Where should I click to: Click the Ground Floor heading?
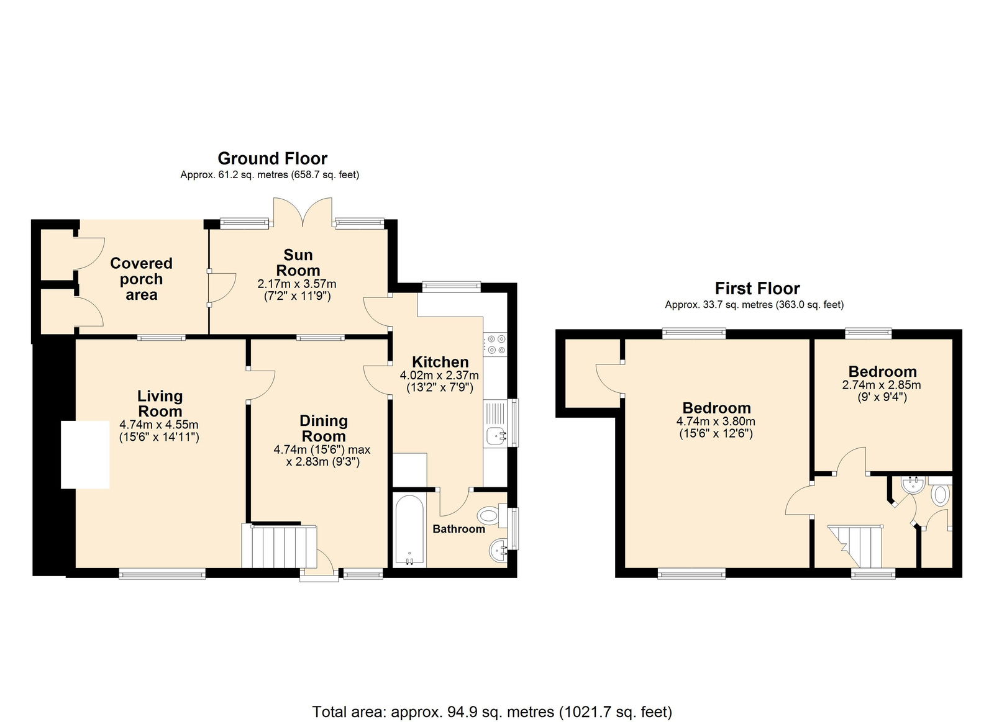[x=273, y=158]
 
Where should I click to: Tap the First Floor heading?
[x=757, y=289]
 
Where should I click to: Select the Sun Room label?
[x=298, y=263]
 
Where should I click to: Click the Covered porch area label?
[x=141, y=279]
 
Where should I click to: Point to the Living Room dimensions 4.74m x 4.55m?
[x=159, y=425]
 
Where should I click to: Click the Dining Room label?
[x=324, y=428]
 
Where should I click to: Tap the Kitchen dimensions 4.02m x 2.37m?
[x=439, y=375]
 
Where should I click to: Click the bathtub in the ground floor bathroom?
[x=409, y=530]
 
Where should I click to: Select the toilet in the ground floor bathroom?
[x=493, y=515]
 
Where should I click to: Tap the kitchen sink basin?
[x=496, y=436]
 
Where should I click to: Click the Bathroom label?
[x=458, y=529]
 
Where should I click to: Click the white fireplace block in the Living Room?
[x=85, y=454]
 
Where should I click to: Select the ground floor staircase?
[x=279, y=546]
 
